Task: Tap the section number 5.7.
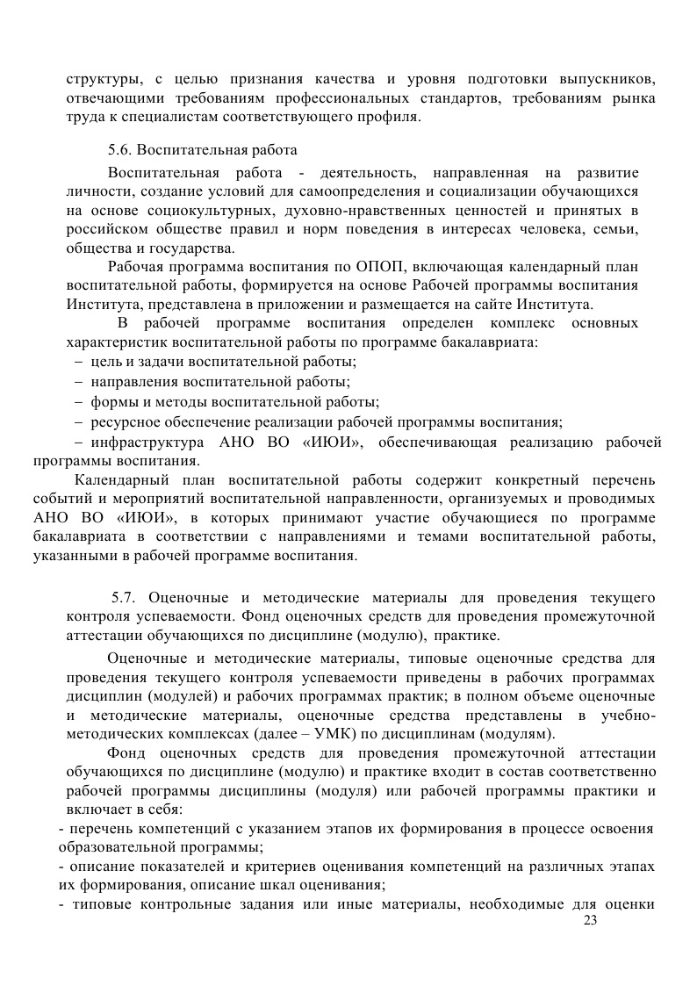point(122,598)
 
